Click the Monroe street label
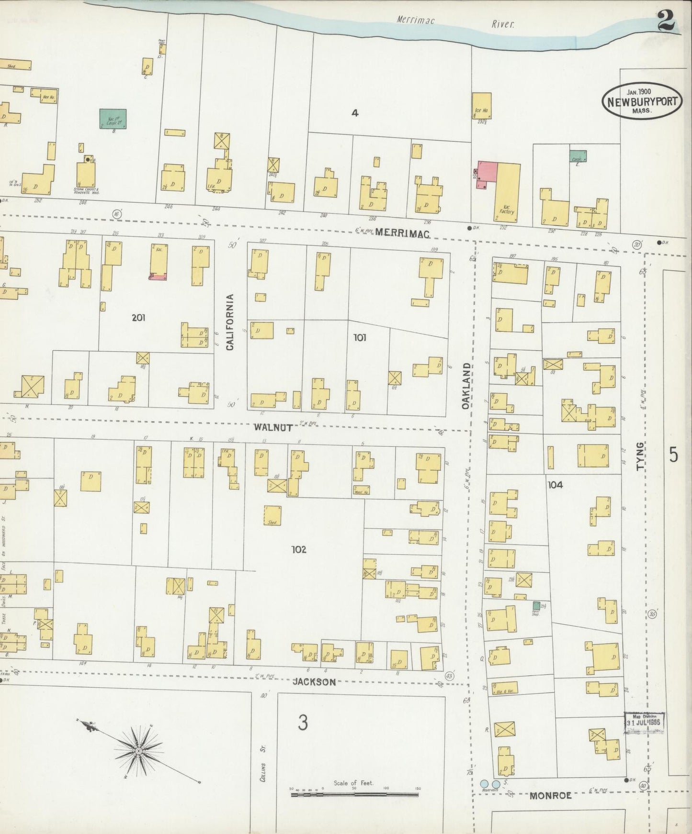tap(551, 795)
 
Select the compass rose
tap(138, 751)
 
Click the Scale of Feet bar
tap(354, 795)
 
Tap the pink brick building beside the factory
tap(486, 175)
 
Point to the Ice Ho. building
tap(482, 109)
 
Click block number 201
tap(139, 317)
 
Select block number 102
tap(298, 549)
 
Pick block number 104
tap(555, 485)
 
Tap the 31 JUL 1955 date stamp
tap(644, 722)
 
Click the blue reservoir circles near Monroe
tap(489, 784)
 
